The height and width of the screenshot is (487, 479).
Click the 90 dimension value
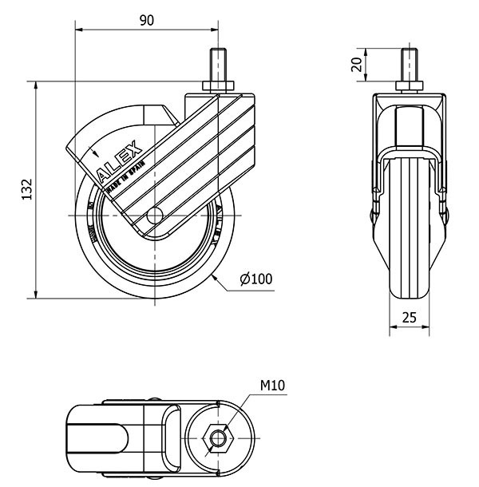(146, 21)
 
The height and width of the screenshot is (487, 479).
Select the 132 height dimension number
(26, 189)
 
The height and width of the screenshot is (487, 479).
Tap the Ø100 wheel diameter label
(256, 279)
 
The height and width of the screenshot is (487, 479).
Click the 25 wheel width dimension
(409, 317)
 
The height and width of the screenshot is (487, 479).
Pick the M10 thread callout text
(272, 386)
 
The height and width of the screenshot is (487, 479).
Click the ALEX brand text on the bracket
(120, 160)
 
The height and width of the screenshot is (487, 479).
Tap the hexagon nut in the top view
(216, 436)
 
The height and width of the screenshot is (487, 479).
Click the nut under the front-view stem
(409, 86)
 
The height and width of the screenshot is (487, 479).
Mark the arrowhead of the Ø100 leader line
(216, 275)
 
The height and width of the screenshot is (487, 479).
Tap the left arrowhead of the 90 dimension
(79, 31)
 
